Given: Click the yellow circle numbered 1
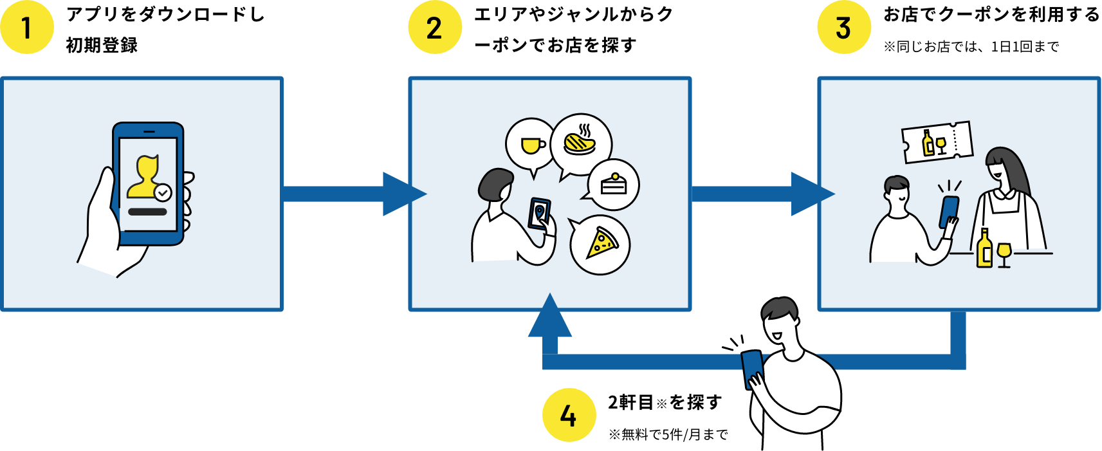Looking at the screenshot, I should (x=26, y=28).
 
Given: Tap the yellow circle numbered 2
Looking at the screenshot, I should (x=435, y=28).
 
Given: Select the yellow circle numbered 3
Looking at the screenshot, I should (x=843, y=28).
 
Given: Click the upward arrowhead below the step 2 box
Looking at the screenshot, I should (x=549, y=318).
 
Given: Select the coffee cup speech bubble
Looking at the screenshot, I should (x=531, y=145).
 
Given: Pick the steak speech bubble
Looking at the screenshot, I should (x=581, y=143).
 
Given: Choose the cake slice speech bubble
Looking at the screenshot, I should (x=613, y=185).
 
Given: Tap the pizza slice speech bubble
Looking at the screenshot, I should (x=601, y=244).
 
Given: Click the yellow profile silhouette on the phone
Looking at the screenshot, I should (x=145, y=177).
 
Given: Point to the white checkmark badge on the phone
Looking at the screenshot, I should (x=163, y=192).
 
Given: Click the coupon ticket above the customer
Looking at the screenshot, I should (x=937, y=142).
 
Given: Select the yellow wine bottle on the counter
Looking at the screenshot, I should (x=984, y=249).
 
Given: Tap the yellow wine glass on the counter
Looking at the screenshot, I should (x=1004, y=252).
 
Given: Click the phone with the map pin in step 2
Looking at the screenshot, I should (x=539, y=212).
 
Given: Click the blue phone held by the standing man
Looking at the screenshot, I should (x=751, y=367).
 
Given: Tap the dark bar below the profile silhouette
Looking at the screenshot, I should (x=147, y=212).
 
